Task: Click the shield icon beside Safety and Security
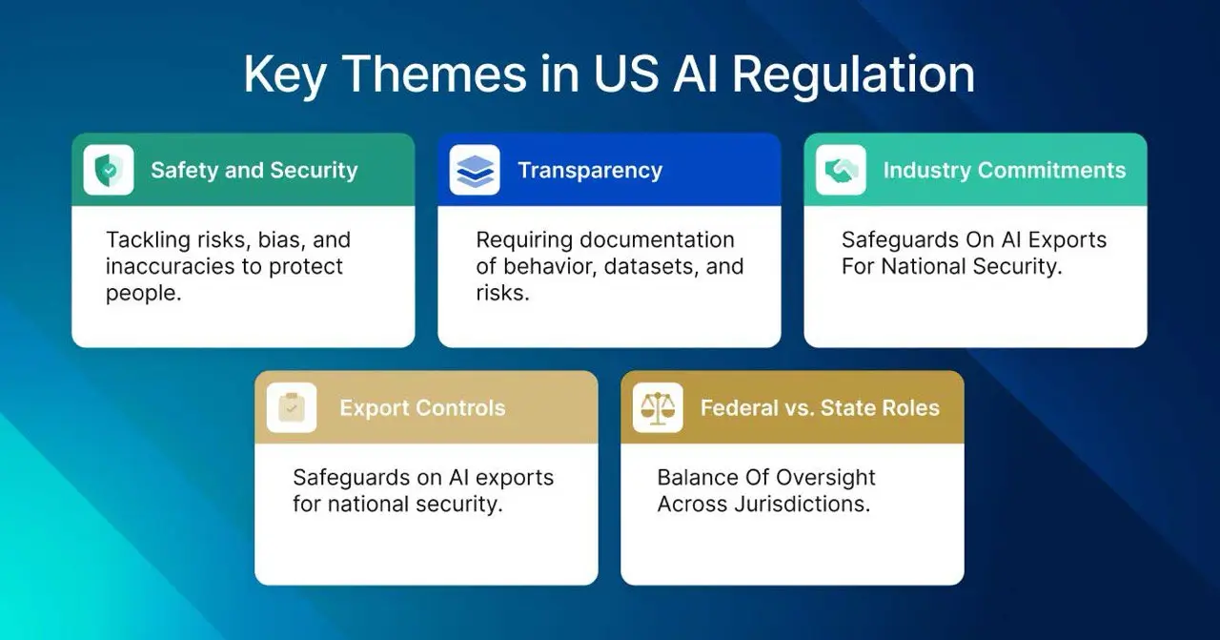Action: point(109,171)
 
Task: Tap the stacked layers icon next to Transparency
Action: point(475,171)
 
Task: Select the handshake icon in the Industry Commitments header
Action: point(841,171)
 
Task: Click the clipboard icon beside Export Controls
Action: point(292,408)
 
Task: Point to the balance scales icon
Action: point(658,408)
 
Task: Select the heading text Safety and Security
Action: point(254,171)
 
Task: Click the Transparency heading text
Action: point(589,171)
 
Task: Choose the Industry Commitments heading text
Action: point(1004,171)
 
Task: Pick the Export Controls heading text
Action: point(422,408)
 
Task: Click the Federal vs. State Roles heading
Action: point(820,408)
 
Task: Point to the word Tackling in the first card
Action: point(145,240)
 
